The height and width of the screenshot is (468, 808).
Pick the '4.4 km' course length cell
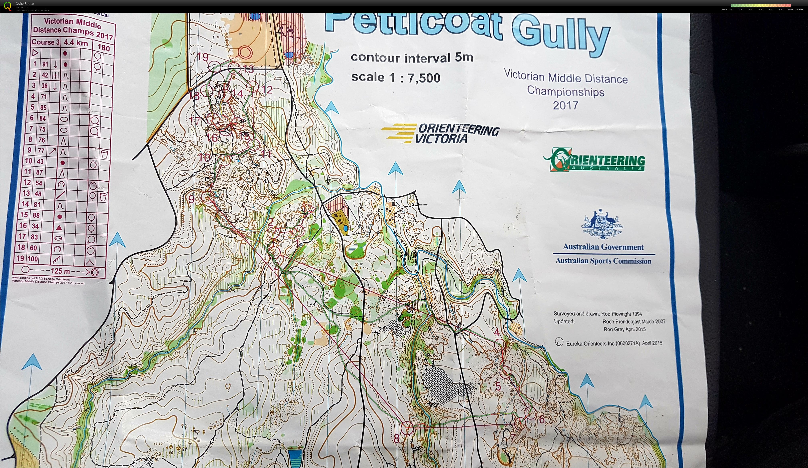76,43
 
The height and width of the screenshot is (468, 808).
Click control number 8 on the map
397,438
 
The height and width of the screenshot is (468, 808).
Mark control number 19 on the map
202,57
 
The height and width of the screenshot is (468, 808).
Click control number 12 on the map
267,90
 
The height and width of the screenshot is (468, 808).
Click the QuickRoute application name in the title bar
24,4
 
